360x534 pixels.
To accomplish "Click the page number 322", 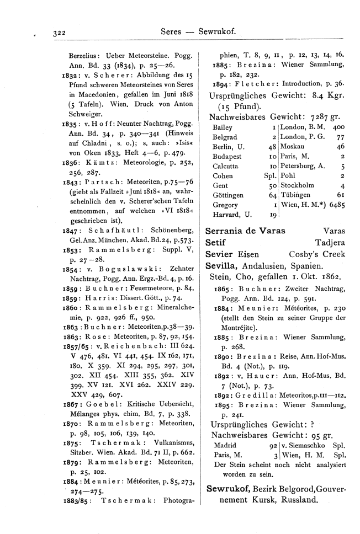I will [x=58, y=34].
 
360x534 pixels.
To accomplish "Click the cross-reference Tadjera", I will [x=330, y=242].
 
